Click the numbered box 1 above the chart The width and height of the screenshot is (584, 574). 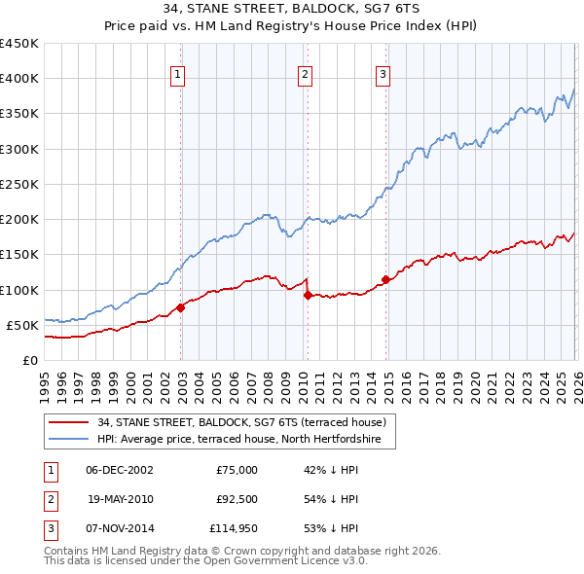[180, 74]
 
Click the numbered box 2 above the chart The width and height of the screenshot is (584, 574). [306, 74]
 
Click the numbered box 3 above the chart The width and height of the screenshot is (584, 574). [383, 74]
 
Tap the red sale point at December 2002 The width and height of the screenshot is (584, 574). [181, 307]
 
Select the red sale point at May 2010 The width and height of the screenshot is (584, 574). [308, 295]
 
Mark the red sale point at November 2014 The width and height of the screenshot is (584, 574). [385, 279]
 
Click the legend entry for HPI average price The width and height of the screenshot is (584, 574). [245, 441]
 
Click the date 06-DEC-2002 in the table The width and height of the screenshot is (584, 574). [119, 470]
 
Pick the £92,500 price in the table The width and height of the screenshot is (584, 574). [237, 499]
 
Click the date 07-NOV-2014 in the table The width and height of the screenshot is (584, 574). [119, 528]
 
